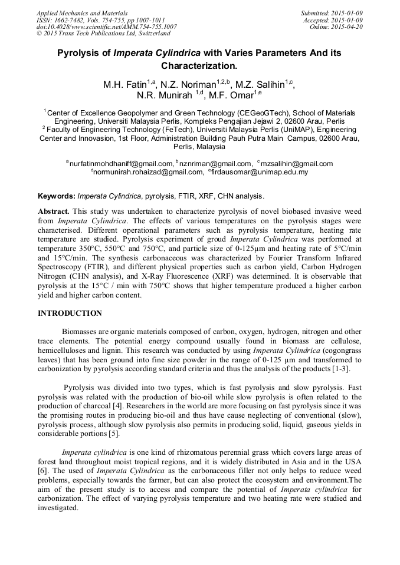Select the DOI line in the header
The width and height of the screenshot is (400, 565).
point(106,27)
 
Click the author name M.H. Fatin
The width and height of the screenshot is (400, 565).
point(124,85)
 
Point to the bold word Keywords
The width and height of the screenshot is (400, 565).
point(56,196)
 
